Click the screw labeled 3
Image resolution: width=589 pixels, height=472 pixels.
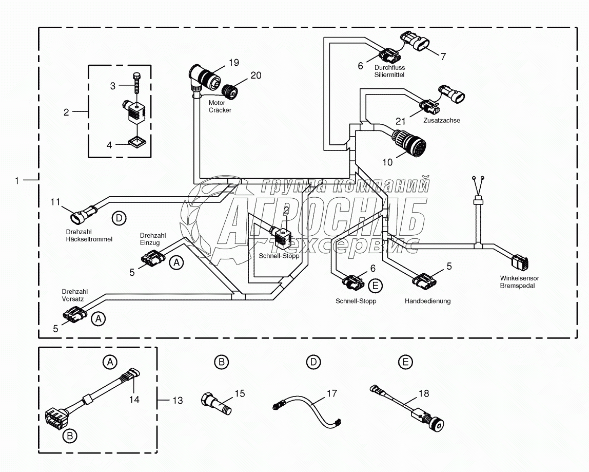click(x=135, y=86)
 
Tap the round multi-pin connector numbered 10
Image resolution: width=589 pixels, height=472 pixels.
click(x=409, y=143)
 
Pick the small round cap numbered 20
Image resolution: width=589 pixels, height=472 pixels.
click(x=230, y=91)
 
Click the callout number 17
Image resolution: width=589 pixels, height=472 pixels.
click(x=331, y=394)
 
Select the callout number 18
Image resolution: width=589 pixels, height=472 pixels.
click(x=424, y=394)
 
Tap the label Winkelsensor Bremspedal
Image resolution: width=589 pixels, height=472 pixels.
click(x=520, y=281)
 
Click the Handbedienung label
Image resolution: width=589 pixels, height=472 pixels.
click(x=427, y=301)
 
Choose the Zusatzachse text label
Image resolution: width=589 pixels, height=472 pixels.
click(x=442, y=120)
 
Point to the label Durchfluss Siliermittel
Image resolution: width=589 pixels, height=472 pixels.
click(x=389, y=71)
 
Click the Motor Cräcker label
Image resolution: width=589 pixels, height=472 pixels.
click(x=220, y=106)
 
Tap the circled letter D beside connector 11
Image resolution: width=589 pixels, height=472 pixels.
click(x=119, y=218)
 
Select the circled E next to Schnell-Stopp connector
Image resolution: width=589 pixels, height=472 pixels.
click(x=375, y=286)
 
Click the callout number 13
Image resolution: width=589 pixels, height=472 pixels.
click(x=178, y=401)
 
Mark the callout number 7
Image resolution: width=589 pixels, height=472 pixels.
click(x=443, y=56)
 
